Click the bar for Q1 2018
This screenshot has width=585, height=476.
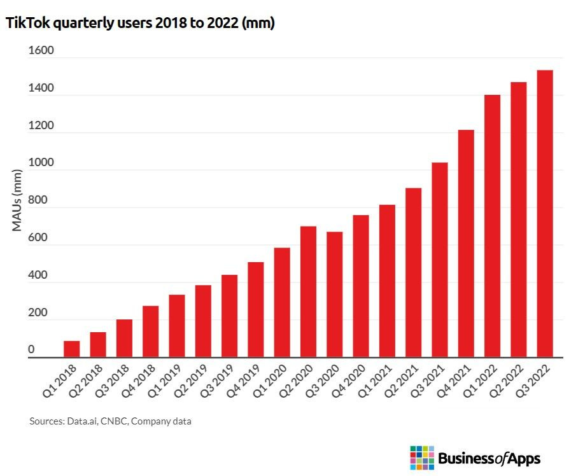pyautogui.click(x=71, y=349)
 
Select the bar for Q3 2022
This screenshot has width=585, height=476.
pyautogui.click(x=545, y=214)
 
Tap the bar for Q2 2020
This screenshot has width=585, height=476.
pyautogui.click(x=308, y=292)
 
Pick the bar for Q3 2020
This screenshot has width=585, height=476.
pyautogui.click(x=335, y=295)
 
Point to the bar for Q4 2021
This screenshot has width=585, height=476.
pyautogui.click(x=466, y=244)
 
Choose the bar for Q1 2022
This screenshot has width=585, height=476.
pyautogui.click(x=492, y=226)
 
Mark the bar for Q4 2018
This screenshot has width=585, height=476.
pyautogui.click(x=151, y=332)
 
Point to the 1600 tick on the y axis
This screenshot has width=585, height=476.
pyautogui.click(x=41, y=52)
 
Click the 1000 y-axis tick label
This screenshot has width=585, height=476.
pyautogui.click(x=41, y=164)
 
